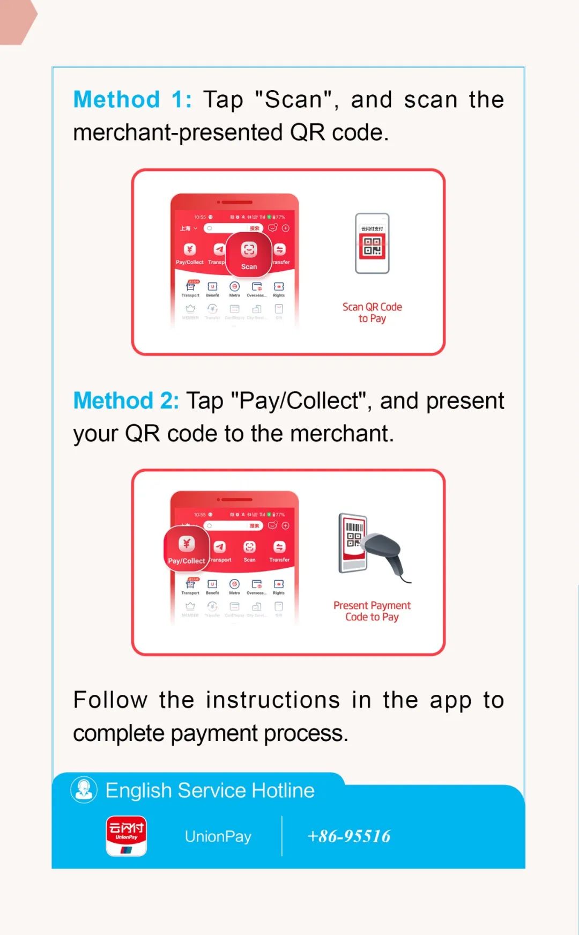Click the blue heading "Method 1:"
coord(132,100)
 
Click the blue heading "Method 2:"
coord(126,400)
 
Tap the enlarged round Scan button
coord(249,254)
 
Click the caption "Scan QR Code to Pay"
coord(372,313)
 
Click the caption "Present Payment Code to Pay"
coord(372,611)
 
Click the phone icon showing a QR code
coord(372,244)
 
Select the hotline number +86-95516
coord(349,836)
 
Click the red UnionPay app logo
coord(127,836)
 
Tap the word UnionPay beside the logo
coord(218,836)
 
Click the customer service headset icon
coord(84,790)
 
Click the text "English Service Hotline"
coord(210,791)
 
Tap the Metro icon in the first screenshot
coord(234,287)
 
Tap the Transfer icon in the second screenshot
coord(279,547)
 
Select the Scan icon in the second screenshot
coord(249,547)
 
